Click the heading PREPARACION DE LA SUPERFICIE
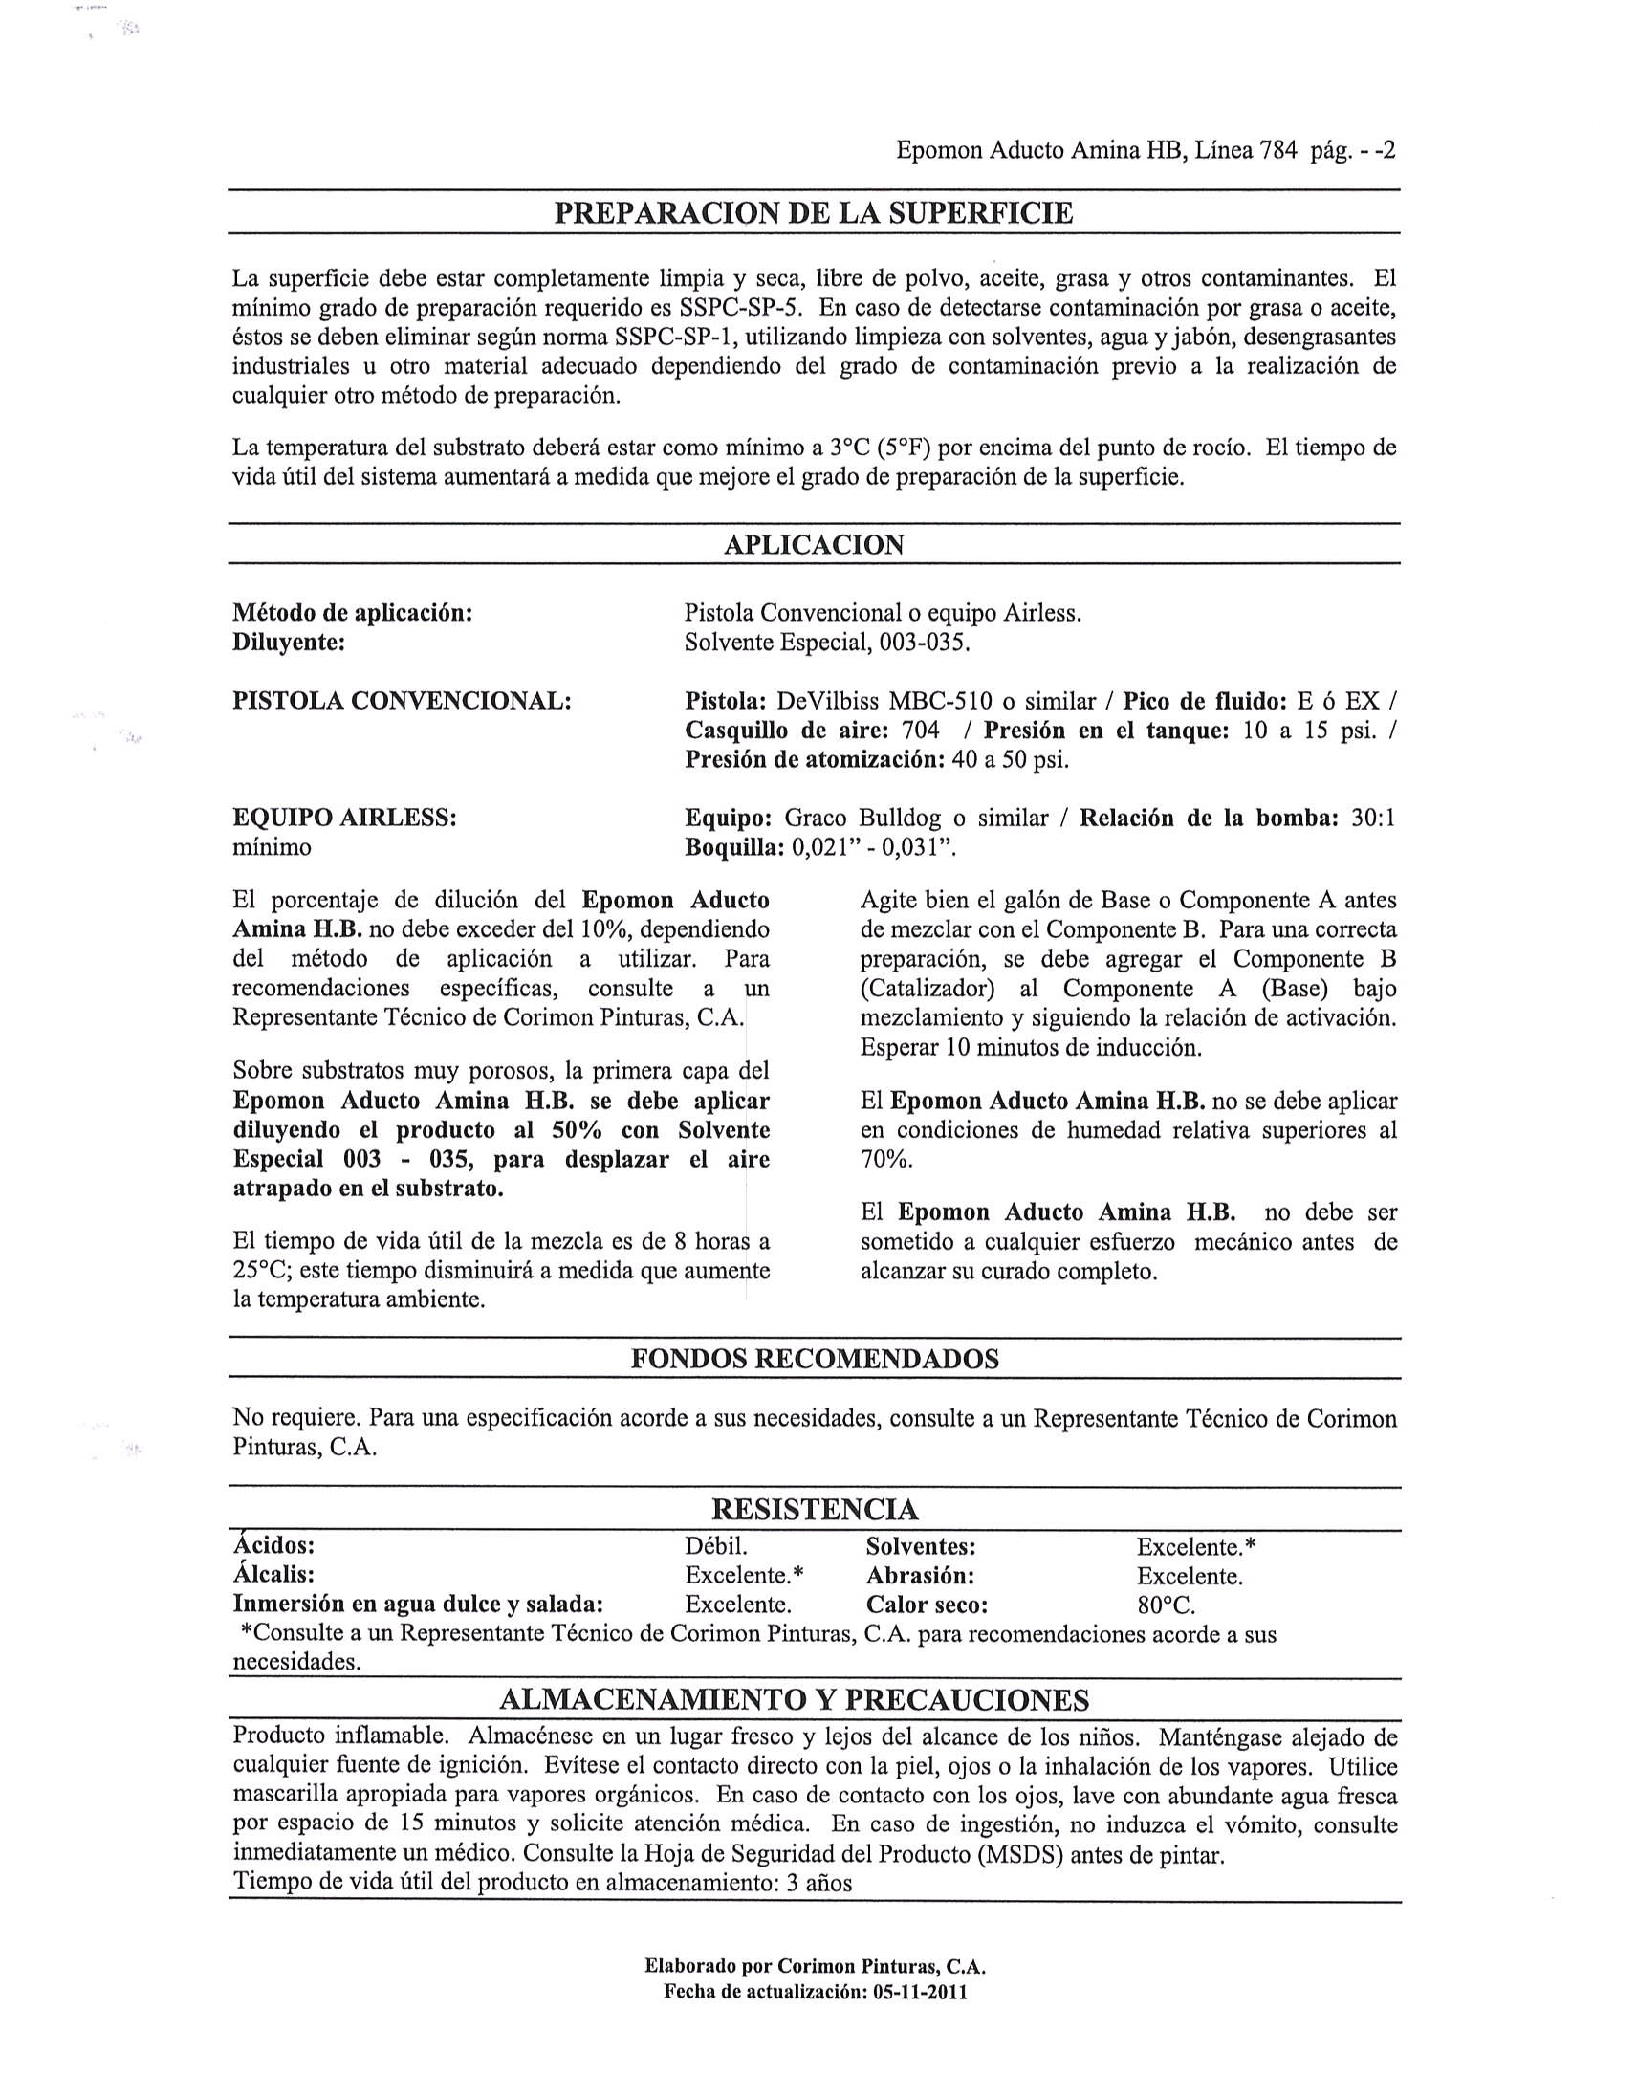click(814, 212)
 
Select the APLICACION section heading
click(814, 544)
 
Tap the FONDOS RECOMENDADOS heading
click(815, 1358)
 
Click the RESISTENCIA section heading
click(815, 1510)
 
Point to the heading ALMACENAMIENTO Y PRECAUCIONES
click(795, 1699)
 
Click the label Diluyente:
click(289, 642)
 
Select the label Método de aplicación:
click(352, 612)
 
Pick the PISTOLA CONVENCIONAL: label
click(402, 701)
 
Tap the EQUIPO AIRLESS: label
click(344, 818)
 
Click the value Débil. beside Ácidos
click(716, 1546)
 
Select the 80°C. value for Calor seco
click(1166, 1605)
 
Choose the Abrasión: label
click(919, 1576)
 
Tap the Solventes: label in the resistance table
click(920, 1546)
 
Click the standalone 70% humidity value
click(886, 1159)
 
